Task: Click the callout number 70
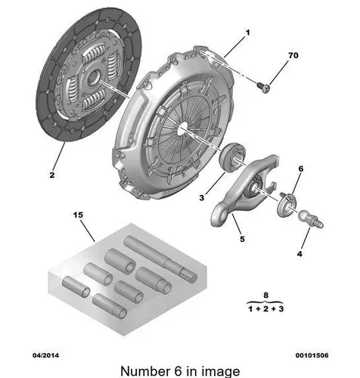(293, 55)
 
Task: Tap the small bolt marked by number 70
(263, 88)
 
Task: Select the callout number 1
(247, 33)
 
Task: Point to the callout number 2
(52, 175)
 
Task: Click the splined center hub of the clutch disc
(94, 77)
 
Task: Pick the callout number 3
(201, 198)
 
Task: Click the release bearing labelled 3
(232, 157)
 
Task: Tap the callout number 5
(242, 239)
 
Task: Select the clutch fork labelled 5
(244, 191)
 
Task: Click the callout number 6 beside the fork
(301, 169)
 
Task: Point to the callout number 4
(299, 253)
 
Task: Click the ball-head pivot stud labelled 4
(311, 218)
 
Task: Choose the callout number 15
(78, 215)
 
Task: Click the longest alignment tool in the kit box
(160, 258)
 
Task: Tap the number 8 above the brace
(265, 295)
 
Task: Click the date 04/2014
(46, 355)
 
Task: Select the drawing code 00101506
(312, 355)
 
